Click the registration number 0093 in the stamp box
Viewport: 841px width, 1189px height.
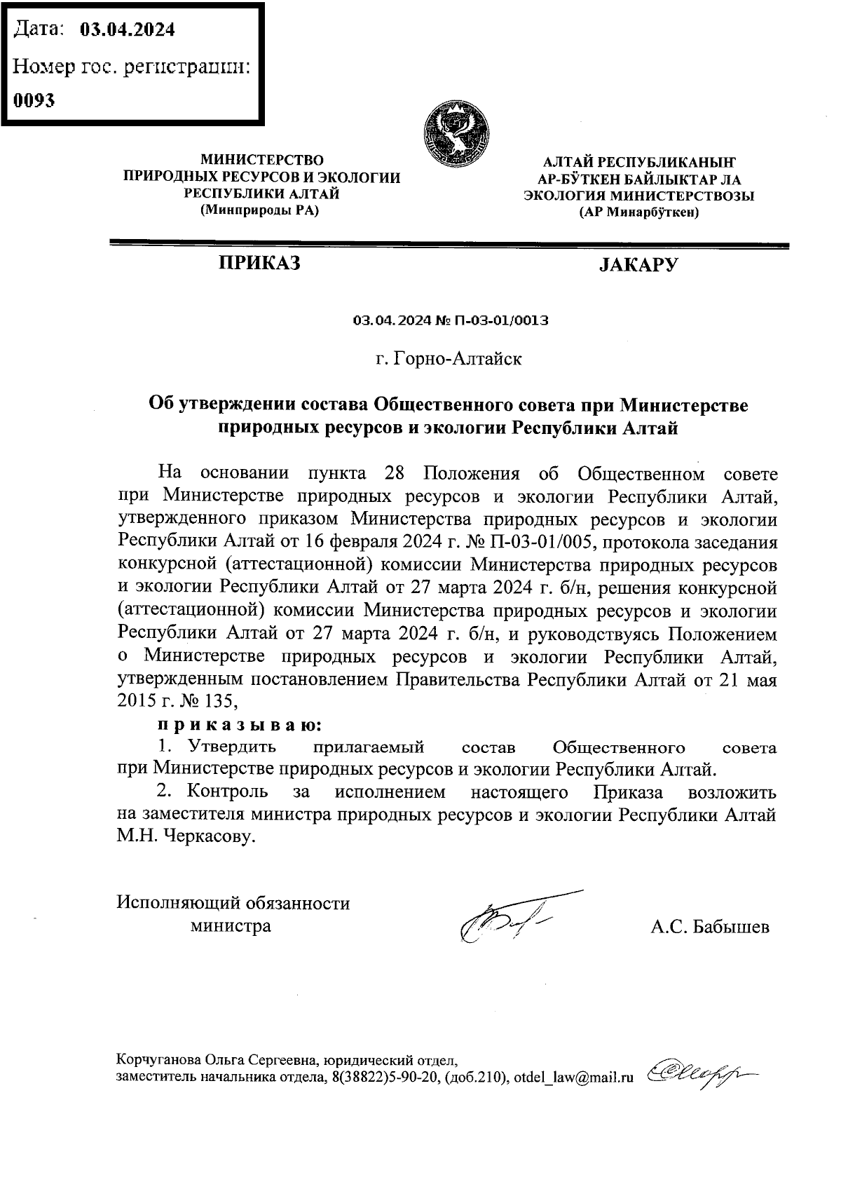tap(35, 100)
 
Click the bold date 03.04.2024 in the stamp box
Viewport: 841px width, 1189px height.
tap(128, 29)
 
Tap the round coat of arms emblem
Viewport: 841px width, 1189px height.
tap(456, 133)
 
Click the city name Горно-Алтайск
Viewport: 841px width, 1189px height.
tap(458, 360)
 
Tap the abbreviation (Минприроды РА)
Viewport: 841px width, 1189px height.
tap(259, 211)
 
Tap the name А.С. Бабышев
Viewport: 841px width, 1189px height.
tap(710, 928)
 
